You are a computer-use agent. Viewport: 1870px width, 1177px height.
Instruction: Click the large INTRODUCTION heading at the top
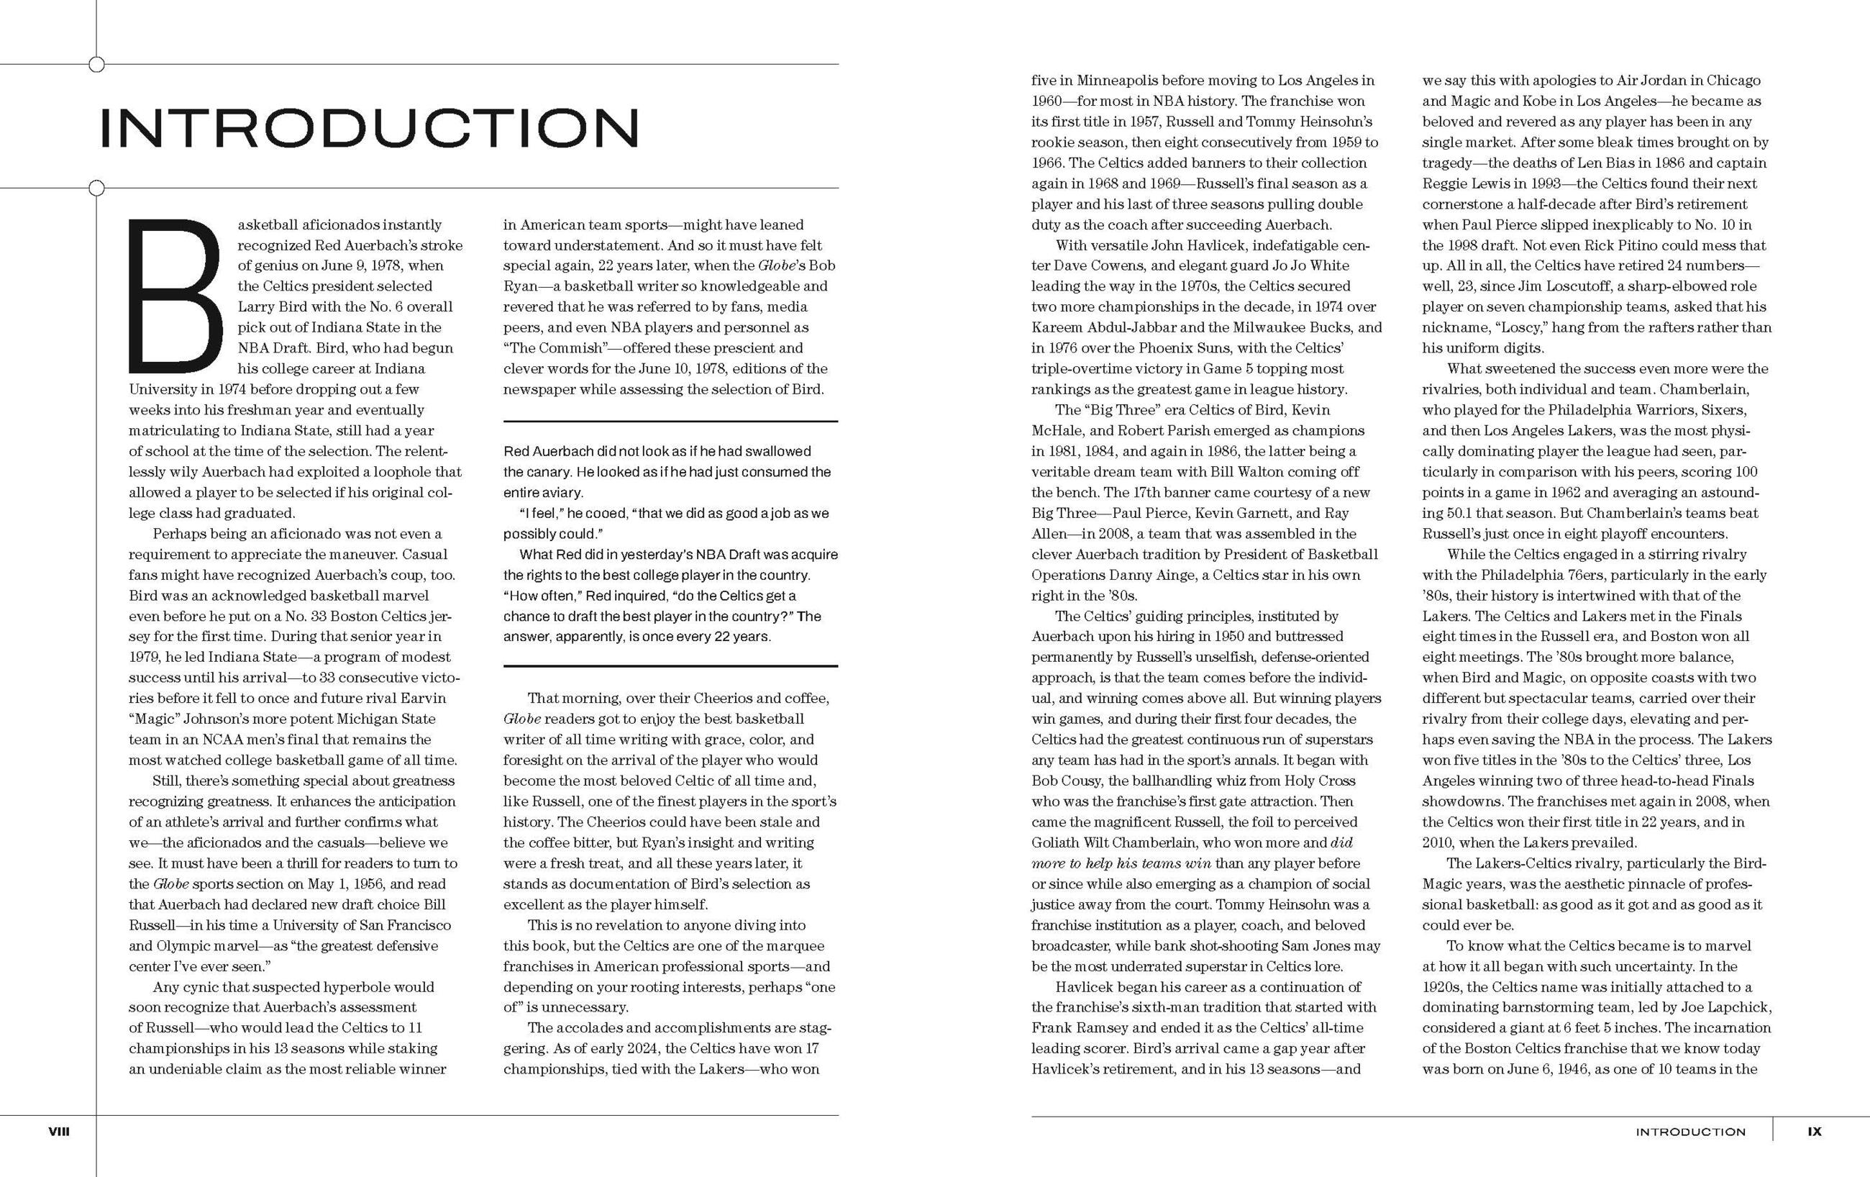[x=370, y=127]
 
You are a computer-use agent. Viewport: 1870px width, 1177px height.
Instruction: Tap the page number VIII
[x=59, y=1132]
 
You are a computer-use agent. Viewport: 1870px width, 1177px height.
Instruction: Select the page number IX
[x=1814, y=1132]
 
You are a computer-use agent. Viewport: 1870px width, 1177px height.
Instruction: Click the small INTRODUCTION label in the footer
[x=1691, y=1132]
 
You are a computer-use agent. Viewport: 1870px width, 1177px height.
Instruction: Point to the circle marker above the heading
[x=96, y=65]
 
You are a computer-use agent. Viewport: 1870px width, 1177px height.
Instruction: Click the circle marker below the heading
[x=96, y=188]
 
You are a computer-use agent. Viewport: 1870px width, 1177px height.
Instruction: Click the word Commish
[x=567, y=348]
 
